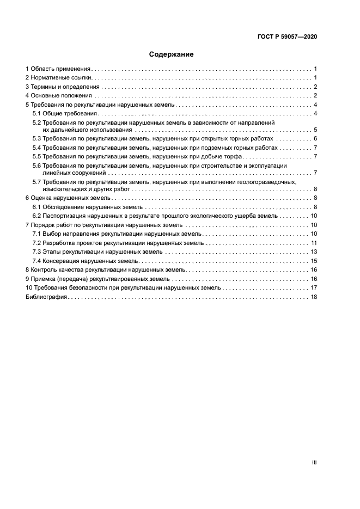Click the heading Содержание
[171, 54]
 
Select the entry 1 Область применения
[58, 69]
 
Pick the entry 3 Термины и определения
[63, 87]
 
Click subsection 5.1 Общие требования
[64, 113]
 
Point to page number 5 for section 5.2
[315, 131]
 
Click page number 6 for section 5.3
[315, 139]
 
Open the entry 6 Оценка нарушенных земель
[68, 198]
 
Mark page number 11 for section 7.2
[314, 243]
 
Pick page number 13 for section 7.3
[314, 252]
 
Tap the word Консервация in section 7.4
[60, 261]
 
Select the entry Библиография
[46, 297]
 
